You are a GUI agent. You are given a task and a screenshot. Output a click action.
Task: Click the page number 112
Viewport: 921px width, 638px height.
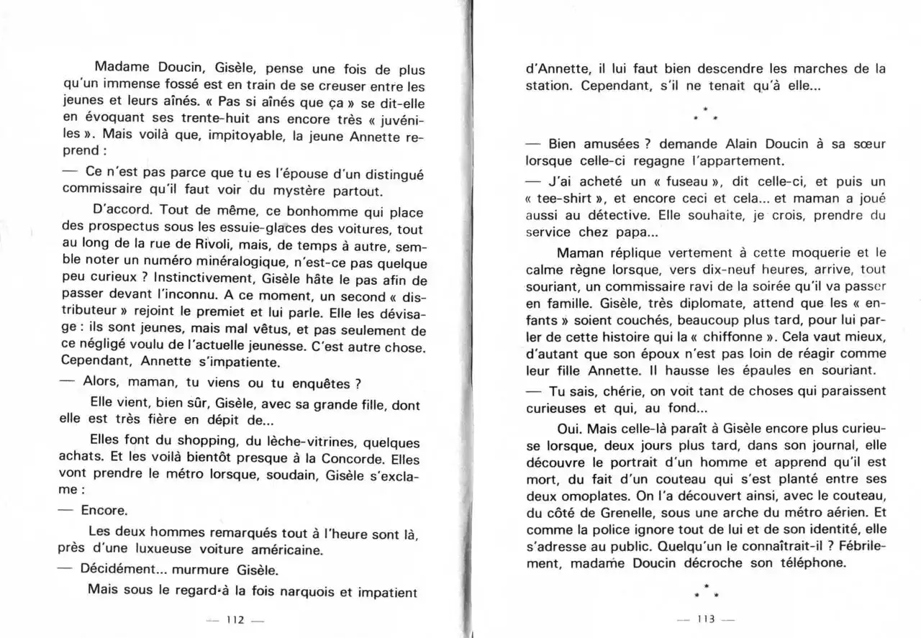(x=235, y=619)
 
